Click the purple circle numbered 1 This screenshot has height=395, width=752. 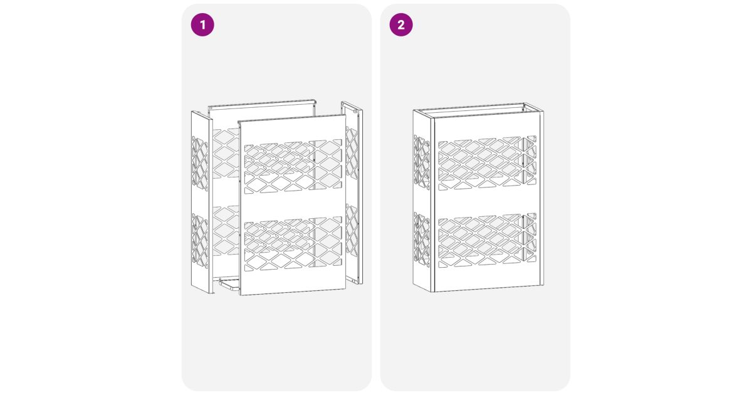click(x=202, y=25)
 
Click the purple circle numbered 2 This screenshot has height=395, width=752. click(x=401, y=25)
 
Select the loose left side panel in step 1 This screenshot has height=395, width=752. click(x=202, y=202)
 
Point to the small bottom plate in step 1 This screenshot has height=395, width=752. click(x=229, y=284)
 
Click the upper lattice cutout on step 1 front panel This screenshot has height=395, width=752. click(x=293, y=167)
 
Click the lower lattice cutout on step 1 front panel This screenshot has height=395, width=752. click(x=293, y=244)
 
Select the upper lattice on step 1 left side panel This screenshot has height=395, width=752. click(x=200, y=164)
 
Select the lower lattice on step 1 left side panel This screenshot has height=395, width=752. click(x=200, y=241)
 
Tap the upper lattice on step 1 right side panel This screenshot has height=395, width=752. click(x=352, y=153)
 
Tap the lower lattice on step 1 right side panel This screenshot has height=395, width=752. click(x=352, y=231)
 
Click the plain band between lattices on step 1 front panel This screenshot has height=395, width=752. click(x=293, y=206)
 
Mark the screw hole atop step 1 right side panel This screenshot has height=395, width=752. click(x=355, y=111)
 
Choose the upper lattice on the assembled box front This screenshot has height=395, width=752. click(x=487, y=163)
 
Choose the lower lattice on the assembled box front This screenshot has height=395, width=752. click(x=487, y=240)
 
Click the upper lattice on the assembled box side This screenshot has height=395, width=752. click(x=422, y=162)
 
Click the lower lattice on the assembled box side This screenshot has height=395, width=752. click(x=422, y=240)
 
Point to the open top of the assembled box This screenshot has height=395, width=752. click(x=478, y=110)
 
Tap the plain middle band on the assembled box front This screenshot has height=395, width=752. click(x=487, y=202)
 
